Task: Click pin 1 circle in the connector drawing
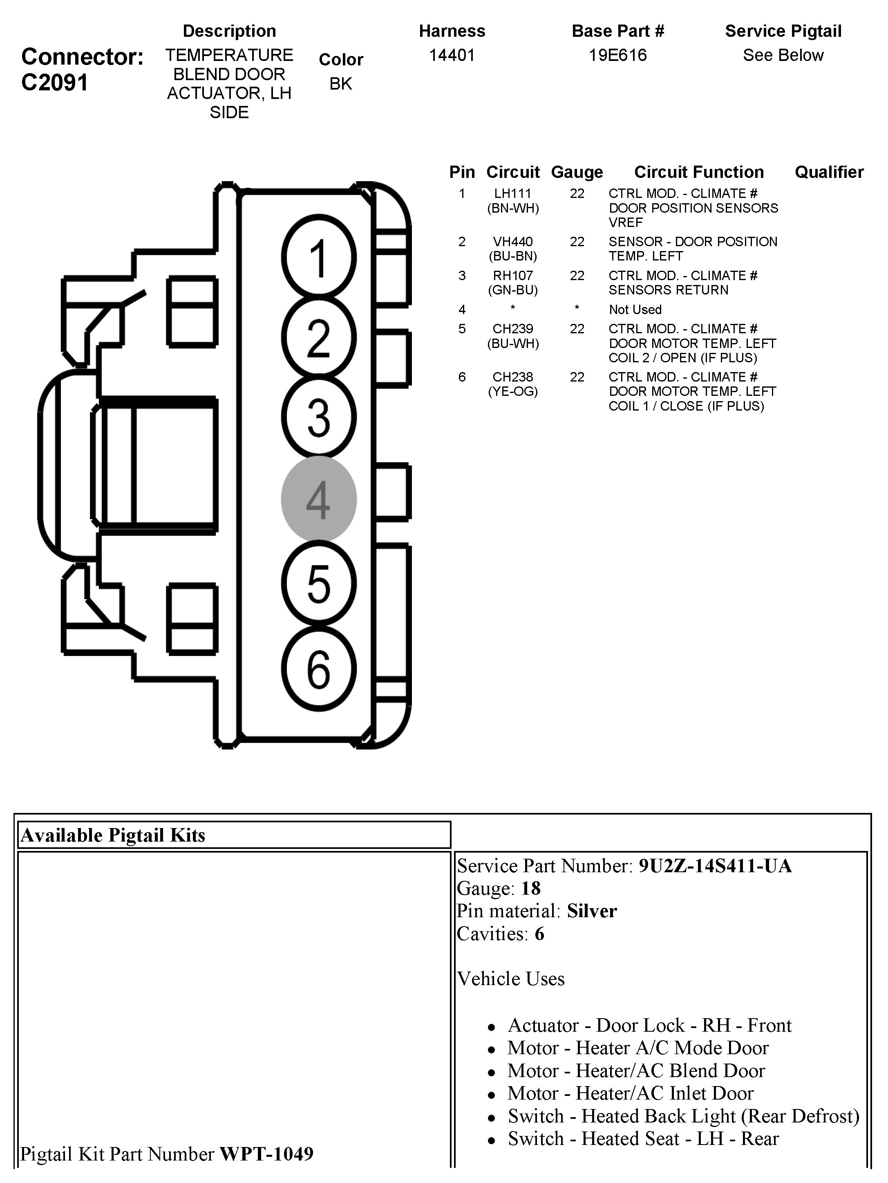coord(319,257)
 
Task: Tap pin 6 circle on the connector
coord(319,669)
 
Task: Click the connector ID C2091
coord(54,83)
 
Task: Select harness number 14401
coord(452,56)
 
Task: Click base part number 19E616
coord(617,56)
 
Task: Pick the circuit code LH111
coord(513,193)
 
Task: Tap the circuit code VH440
coord(513,242)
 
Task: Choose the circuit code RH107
coord(513,276)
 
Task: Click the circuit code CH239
coord(513,329)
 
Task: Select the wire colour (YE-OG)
coord(513,391)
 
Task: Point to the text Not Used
coord(635,310)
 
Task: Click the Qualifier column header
coord(829,172)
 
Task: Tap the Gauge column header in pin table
coord(577,172)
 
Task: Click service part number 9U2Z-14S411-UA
coord(715,866)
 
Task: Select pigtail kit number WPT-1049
coord(266,1154)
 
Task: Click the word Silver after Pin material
coord(592,911)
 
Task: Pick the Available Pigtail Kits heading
coord(113,835)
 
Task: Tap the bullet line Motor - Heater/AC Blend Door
coord(636,1070)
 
